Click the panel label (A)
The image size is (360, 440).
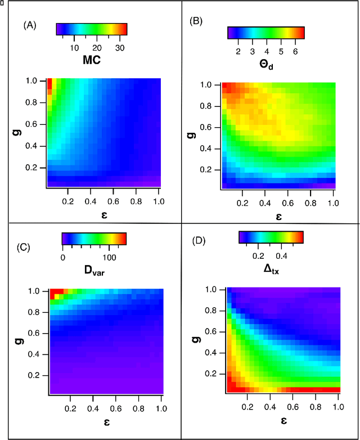click(x=29, y=25)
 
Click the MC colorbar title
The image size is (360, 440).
click(x=90, y=60)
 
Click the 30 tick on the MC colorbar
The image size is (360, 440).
click(x=119, y=48)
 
